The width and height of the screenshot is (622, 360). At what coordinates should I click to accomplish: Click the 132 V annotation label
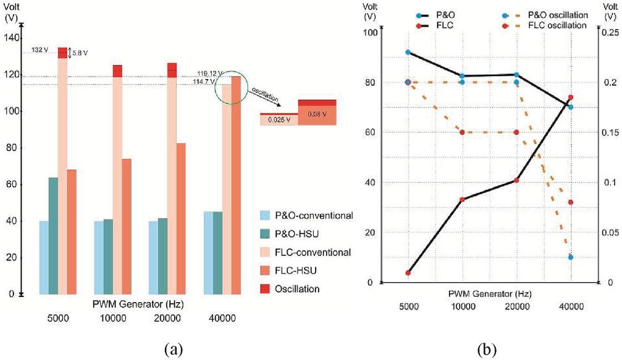point(40,50)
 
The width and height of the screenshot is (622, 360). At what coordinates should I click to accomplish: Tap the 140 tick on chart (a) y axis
point(11,38)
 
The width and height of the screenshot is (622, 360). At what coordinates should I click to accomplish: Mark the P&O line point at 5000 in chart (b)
point(408,52)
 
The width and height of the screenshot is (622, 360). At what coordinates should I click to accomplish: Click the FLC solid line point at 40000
point(571,98)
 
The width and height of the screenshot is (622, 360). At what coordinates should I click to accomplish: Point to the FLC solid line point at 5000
point(408,273)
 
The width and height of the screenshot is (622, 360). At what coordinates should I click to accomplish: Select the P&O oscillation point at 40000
point(571,257)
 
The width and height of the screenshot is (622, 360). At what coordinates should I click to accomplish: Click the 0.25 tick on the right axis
point(607,32)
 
